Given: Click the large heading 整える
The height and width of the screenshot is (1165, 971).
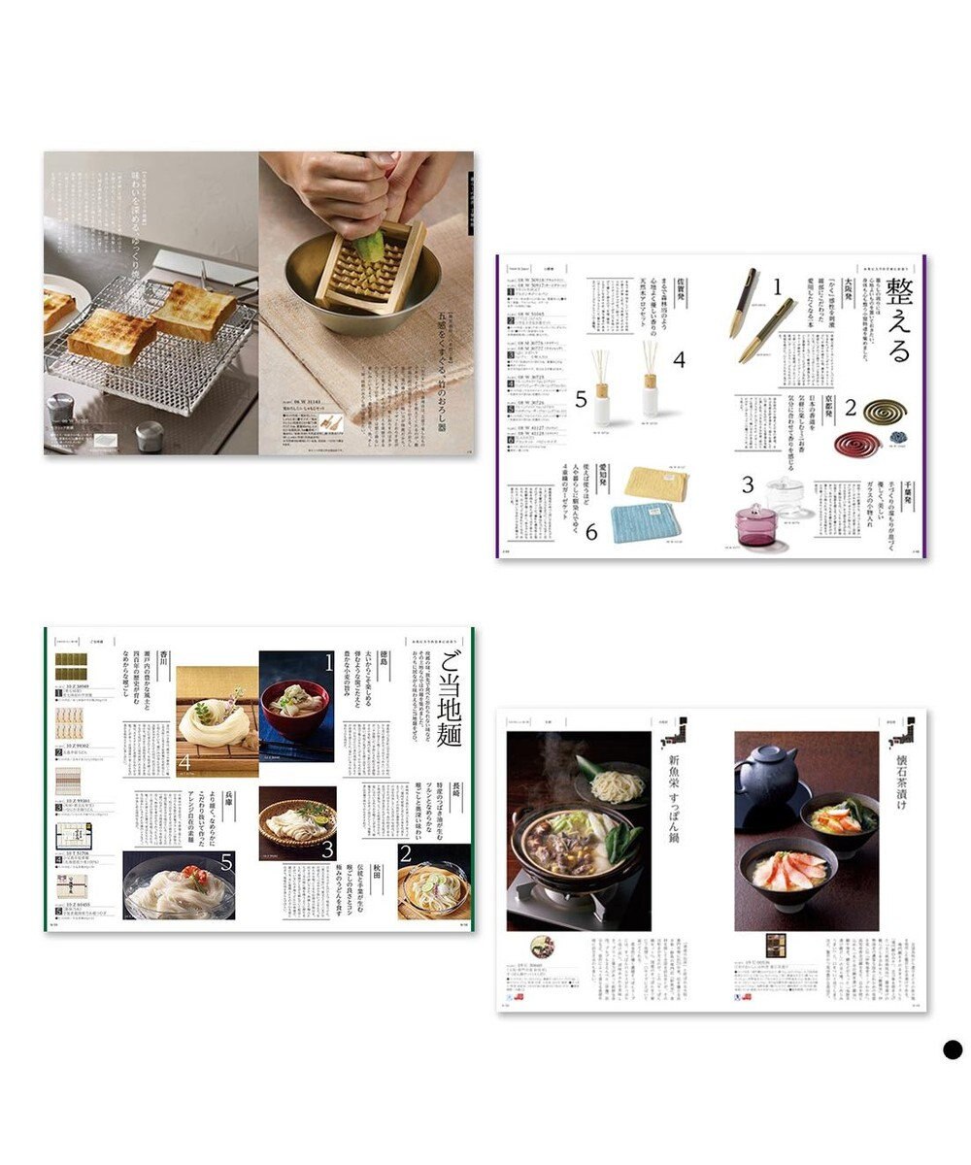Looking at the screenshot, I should click(897, 319).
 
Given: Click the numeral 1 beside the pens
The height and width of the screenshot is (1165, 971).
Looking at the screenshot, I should click(776, 286).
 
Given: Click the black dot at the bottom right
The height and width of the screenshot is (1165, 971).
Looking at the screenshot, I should click(952, 1049).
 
